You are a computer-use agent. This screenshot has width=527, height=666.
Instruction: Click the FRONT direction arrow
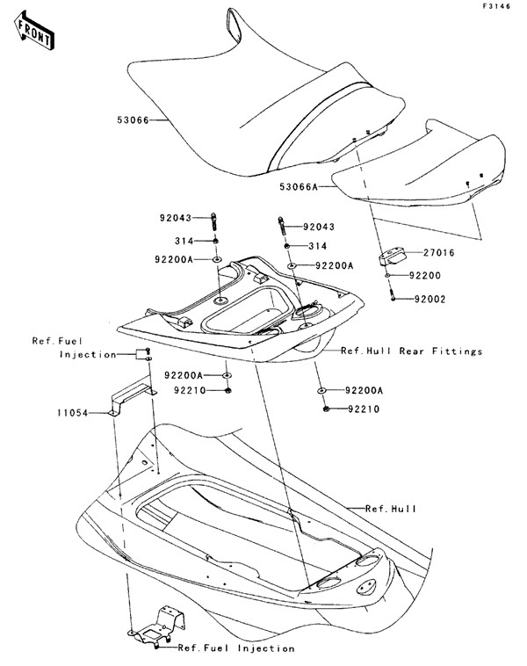coord(34,31)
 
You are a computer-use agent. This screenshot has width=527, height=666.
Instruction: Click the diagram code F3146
coord(496,6)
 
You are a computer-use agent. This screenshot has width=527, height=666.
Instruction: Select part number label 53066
coord(133,120)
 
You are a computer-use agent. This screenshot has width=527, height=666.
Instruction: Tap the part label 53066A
coord(299,186)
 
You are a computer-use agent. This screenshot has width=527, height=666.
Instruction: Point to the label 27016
coord(438,253)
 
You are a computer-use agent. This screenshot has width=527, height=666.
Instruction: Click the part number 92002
coord(430,299)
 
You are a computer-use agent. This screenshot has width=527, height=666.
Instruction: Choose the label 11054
coord(73,412)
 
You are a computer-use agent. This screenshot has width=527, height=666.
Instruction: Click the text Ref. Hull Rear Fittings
coord(411,351)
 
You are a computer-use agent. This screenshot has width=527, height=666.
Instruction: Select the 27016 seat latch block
coord(392,257)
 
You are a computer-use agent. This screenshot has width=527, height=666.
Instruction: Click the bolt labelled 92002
coord(393,294)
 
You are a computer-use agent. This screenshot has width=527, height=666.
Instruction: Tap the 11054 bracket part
coord(132,398)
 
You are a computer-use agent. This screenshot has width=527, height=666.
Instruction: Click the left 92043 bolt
coord(213,221)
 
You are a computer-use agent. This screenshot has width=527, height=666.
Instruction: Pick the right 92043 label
coord(319,227)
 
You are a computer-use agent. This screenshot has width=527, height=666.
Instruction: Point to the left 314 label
coord(184,241)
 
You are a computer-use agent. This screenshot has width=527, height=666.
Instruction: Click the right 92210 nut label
coord(364,409)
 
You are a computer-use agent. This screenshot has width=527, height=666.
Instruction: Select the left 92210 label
coord(190,390)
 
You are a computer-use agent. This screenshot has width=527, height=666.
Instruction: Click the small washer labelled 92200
coord(387,276)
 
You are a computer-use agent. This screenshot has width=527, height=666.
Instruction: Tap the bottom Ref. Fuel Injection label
coord(236,648)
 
